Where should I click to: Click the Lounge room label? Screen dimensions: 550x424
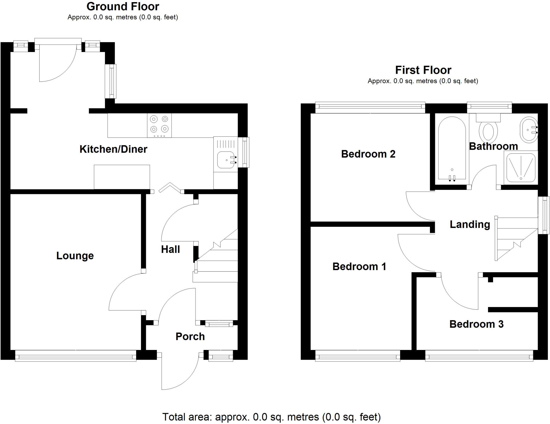[75, 256]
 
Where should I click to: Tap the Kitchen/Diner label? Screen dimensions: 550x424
[113, 149]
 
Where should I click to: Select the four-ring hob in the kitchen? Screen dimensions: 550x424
[159, 125]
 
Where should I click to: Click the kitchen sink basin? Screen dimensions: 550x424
[226, 160]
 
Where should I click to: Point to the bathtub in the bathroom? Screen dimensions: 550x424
[452, 148]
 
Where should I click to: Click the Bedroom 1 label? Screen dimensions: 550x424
[359, 267]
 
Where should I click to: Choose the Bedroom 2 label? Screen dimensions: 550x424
[368, 154]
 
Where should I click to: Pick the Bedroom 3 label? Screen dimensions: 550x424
[476, 324]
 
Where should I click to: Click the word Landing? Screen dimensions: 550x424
[470, 224]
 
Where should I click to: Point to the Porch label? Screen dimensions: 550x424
[190, 336]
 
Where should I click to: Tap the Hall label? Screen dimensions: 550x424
[170, 249]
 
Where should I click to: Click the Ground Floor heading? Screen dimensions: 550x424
[123, 6]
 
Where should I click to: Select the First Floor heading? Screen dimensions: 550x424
[423, 70]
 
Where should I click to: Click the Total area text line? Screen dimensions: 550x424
[272, 417]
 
